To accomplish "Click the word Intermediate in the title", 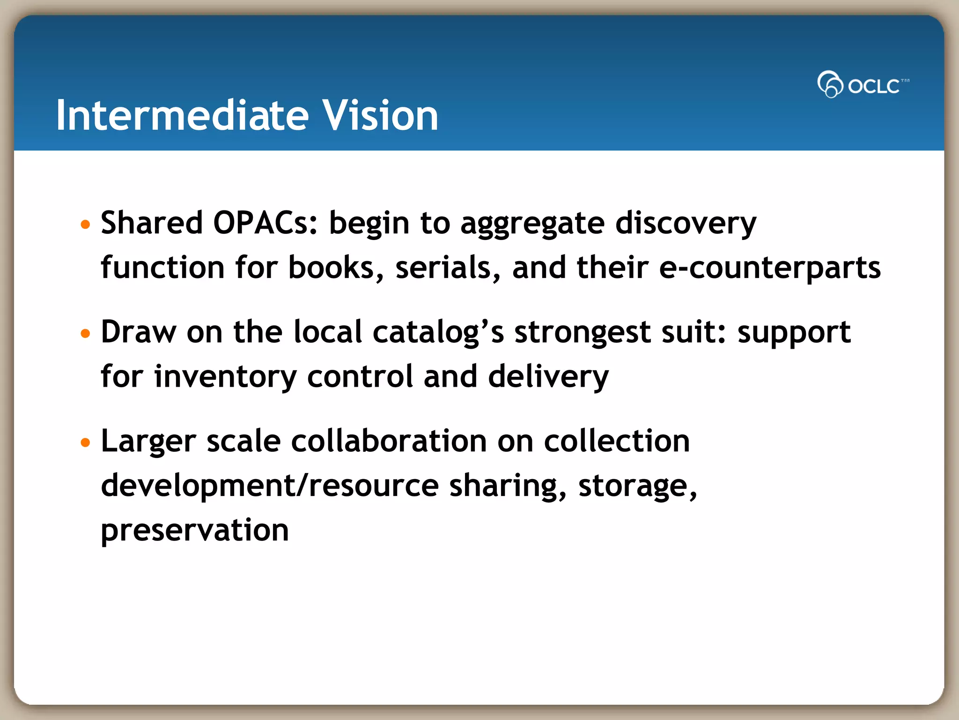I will tap(182, 115).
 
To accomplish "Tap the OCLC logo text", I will tap(873, 86).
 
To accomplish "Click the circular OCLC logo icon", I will tap(830, 84).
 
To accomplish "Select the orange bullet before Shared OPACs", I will tap(85, 225).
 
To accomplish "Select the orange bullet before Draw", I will tap(85, 334).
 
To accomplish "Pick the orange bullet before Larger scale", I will tap(85, 442).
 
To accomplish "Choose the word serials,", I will tap(448, 268).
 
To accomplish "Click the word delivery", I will tap(548, 377).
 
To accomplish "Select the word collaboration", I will tap(389, 442).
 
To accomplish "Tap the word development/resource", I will tap(270, 486).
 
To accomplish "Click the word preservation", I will tap(195, 531).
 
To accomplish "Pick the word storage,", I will tap(637, 486).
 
